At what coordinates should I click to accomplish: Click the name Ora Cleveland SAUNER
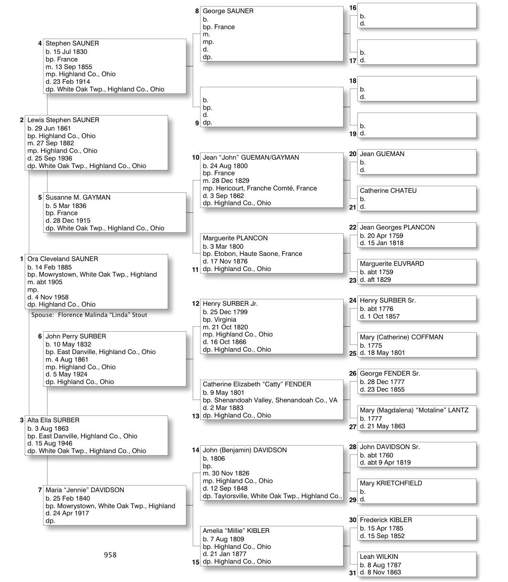point(63,259)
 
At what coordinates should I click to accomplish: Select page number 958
point(110,555)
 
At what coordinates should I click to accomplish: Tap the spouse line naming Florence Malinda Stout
point(89,315)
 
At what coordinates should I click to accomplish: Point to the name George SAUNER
point(228,11)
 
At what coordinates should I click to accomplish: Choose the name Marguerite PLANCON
point(235,238)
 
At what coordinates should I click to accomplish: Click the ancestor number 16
point(353,8)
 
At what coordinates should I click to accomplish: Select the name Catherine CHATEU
point(388,191)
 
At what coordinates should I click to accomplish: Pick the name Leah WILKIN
point(379,557)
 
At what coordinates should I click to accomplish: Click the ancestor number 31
point(353,573)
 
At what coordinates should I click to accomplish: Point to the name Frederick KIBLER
point(386,520)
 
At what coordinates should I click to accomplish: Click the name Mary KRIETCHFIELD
point(391,483)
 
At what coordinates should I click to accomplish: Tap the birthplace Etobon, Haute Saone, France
point(252,254)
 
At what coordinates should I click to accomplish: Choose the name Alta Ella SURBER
point(53,420)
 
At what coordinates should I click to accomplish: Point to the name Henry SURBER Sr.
point(387,301)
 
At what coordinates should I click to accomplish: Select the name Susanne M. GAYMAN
point(78,198)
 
